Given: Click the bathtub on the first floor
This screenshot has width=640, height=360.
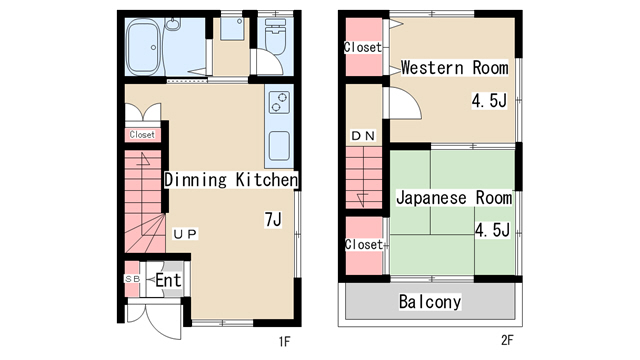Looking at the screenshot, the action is [x=144, y=47].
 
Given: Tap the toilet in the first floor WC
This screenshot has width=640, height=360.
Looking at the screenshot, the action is [x=275, y=37].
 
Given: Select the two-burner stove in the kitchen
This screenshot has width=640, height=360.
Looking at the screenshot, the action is [x=279, y=102].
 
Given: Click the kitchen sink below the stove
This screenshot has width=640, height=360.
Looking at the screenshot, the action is [x=279, y=146].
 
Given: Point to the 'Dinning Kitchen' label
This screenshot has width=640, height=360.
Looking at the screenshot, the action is [x=231, y=180].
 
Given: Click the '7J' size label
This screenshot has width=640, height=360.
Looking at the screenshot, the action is [x=273, y=220].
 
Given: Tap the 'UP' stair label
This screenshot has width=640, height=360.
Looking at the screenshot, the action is [x=185, y=234].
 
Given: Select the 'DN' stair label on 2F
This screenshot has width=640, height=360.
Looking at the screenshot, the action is [x=363, y=136].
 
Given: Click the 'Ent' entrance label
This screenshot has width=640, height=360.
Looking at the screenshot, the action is [x=168, y=280].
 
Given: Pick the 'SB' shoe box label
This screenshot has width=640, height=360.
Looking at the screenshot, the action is [x=132, y=279].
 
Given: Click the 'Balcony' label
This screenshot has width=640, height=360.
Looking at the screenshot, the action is [x=430, y=302].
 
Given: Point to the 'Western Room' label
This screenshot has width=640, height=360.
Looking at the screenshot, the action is [x=454, y=68].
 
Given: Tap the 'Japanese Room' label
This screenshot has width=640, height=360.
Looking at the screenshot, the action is [x=454, y=198].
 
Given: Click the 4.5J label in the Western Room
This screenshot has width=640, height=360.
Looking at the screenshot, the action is [x=489, y=100].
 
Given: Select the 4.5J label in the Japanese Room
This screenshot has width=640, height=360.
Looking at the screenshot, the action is [x=492, y=230].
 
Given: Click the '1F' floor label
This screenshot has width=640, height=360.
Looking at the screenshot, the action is [x=284, y=341].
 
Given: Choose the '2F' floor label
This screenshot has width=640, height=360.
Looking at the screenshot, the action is [x=507, y=340].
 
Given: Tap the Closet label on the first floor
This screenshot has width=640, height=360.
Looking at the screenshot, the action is [x=142, y=135].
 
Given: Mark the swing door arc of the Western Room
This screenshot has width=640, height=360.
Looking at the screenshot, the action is [x=413, y=98].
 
